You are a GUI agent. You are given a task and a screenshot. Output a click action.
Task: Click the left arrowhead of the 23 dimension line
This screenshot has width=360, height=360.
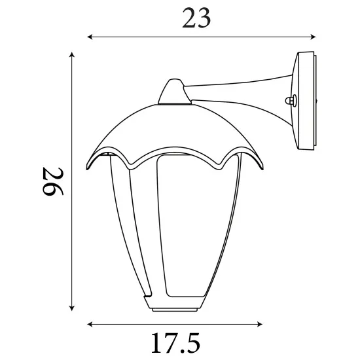pyautogui.click(x=90, y=36)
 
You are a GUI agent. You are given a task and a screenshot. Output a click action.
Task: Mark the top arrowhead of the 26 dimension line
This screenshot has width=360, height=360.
pyautogui.click(x=70, y=55)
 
